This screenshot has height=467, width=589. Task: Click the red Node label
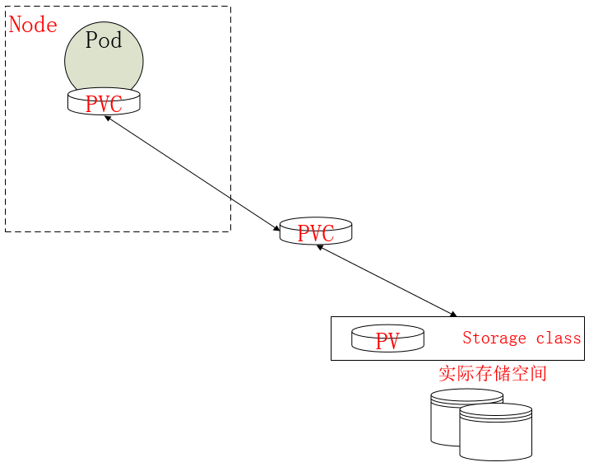33,25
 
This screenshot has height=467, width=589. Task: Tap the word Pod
104,40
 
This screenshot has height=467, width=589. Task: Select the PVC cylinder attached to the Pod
104,103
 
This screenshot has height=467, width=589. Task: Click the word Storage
494,339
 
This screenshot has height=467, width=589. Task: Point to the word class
559,339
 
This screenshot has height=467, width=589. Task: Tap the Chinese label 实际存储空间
492,373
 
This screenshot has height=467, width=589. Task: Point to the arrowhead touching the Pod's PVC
108,119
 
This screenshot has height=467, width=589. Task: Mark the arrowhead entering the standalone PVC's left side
276,227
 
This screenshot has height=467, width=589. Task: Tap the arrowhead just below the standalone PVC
320,247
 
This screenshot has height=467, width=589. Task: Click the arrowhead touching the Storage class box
452,314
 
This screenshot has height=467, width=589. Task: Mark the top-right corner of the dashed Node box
230,7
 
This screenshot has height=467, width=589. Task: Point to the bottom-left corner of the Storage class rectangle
332,360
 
